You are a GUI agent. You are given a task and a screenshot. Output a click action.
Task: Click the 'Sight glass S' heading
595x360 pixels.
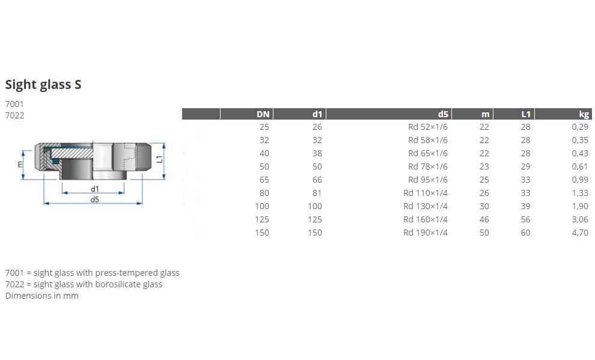coord(43,85)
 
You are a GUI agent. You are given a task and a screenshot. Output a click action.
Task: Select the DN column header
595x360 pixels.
coord(263,114)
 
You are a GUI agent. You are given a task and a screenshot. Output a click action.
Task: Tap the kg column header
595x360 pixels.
coord(584,114)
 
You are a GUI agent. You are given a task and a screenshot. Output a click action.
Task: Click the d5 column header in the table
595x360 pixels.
coord(443,114)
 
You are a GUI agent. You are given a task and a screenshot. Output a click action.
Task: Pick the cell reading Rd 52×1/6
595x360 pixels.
coord(428,127)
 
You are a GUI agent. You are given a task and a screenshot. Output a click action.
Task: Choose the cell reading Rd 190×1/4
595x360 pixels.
coord(426,233)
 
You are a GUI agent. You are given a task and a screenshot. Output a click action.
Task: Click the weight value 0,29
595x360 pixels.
coord(580,127)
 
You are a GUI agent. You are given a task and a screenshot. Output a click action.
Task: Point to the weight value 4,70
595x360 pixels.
coord(580,233)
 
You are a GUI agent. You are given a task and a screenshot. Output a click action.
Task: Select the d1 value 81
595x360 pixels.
coord(317,193)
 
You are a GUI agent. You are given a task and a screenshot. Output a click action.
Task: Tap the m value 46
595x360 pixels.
coord(484,219)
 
